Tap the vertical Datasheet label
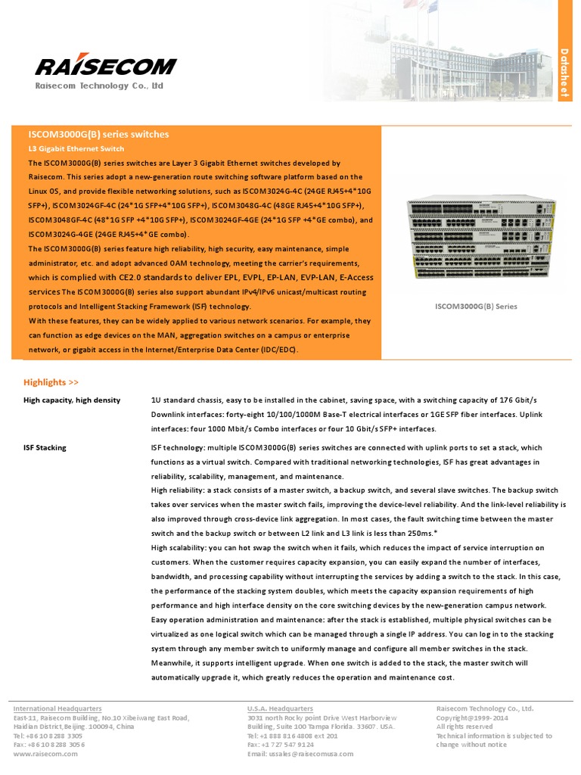564,72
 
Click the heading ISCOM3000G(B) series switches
98,134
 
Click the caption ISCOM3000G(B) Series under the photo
477,307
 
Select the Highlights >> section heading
51,382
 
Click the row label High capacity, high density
72,400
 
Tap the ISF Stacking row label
45,447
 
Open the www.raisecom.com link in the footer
45,754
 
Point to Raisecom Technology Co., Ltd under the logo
99,86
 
